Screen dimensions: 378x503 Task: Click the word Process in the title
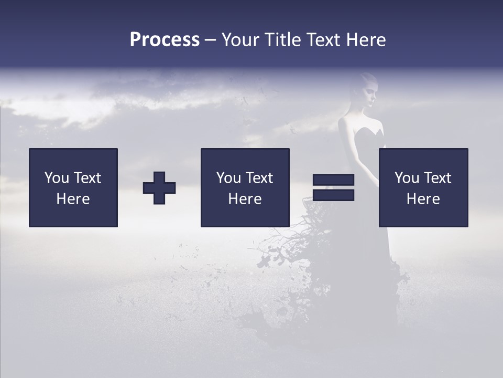(165, 40)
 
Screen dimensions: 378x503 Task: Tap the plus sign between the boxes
(159, 188)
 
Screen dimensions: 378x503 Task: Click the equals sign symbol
(333, 187)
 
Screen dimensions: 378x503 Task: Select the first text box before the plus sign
(73, 187)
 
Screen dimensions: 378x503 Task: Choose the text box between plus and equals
(245, 187)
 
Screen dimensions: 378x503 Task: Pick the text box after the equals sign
(423, 187)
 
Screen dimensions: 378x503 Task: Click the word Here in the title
(366, 40)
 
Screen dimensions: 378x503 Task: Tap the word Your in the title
(240, 40)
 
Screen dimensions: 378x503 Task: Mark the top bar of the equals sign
(333, 180)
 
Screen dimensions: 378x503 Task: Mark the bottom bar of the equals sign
(333, 195)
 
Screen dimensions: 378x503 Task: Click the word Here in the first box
(73, 199)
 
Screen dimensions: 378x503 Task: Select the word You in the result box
(407, 178)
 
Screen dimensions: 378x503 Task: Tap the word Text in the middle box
(259, 178)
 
